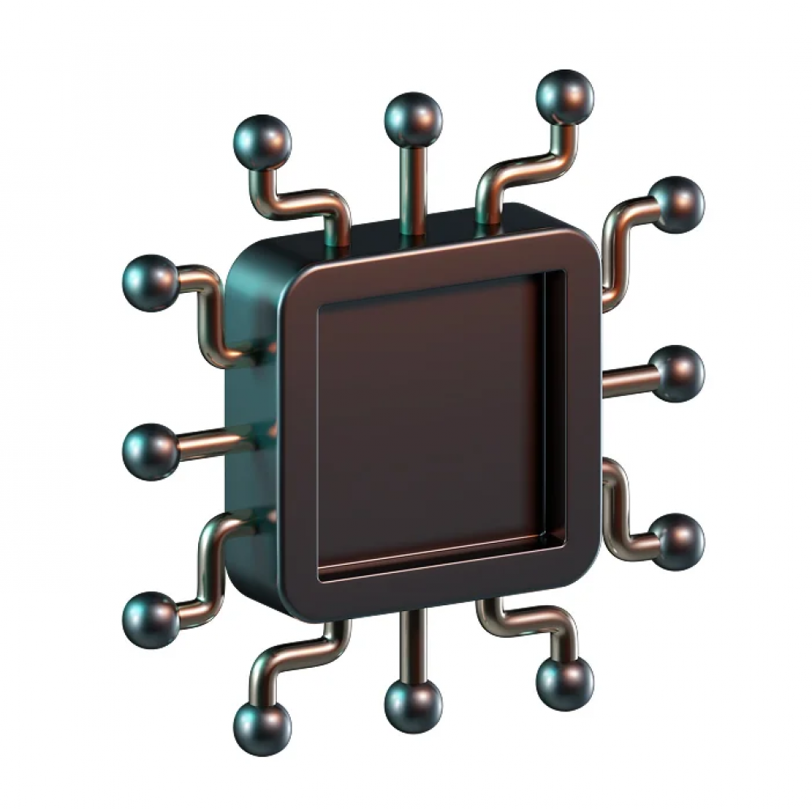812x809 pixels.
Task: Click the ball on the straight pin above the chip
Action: tap(413, 119)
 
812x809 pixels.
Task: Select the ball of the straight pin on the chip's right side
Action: tap(678, 373)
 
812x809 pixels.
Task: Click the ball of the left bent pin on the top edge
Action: tap(261, 142)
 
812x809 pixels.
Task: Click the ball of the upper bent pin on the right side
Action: tap(677, 204)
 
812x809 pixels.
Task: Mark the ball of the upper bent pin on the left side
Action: tap(151, 282)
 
